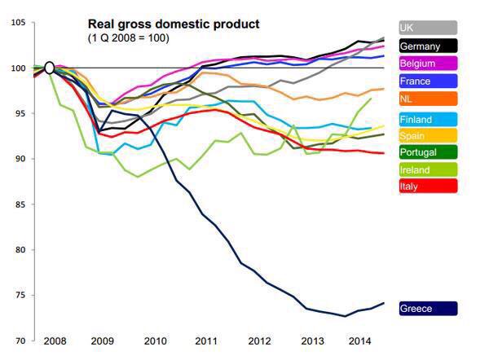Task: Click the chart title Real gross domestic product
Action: coord(174,24)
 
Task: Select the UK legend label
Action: coord(427,28)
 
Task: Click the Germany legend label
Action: coord(427,46)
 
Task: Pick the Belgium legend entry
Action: coord(427,64)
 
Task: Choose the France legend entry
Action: coord(427,81)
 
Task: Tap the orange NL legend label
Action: coord(427,99)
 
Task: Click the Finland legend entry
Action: coord(427,121)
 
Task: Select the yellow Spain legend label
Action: coord(427,136)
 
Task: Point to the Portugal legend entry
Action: coord(427,152)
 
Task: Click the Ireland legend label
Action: coord(427,169)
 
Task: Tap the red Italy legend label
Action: coord(427,187)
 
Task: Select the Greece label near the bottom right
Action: coord(427,308)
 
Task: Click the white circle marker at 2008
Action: coord(49,68)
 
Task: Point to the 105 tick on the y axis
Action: coord(17,22)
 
